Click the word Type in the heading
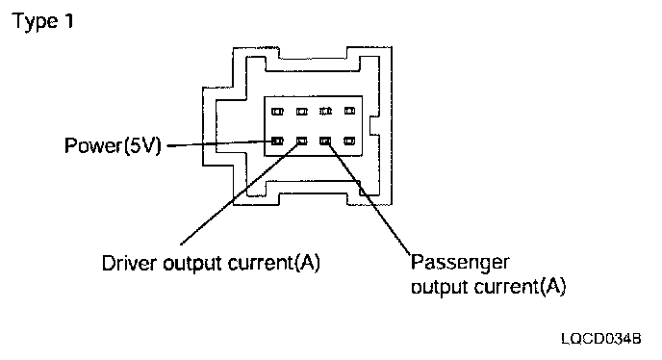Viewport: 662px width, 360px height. (35, 21)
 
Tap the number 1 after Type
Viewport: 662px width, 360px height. (69, 20)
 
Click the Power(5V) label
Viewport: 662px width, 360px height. (113, 145)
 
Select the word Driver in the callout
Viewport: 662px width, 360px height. (129, 263)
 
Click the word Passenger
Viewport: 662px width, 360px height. (460, 263)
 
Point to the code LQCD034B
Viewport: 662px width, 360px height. (601, 339)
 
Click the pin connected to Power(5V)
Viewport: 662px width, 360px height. (277, 141)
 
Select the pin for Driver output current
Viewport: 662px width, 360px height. (302, 141)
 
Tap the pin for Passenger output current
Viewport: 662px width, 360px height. (325, 141)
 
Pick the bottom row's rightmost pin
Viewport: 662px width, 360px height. (349, 141)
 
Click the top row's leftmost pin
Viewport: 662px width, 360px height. (277, 112)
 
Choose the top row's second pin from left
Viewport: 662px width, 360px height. (302, 112)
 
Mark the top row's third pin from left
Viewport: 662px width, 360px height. (325, 111)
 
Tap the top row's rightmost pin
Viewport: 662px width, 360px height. (349, 111)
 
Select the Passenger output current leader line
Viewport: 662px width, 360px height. (369, 198)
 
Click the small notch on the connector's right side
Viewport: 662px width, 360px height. (374, 125)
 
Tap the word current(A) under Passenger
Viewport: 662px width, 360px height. (522, 287)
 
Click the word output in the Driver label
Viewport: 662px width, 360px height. (192, 264)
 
